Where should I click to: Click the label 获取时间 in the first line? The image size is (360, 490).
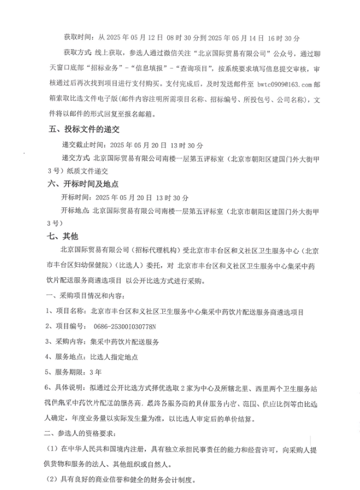tap(78, 38)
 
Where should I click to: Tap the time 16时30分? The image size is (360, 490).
tap(284, 38)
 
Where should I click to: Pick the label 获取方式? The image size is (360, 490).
tap(78, 54)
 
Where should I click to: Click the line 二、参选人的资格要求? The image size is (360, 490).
tap(84, 433)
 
